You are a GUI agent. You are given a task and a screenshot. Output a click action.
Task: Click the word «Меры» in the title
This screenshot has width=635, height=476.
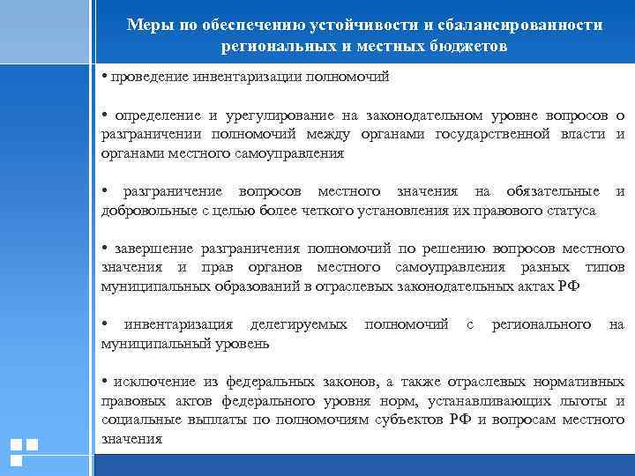146,26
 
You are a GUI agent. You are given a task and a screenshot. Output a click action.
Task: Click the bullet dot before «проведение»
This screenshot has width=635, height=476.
105,77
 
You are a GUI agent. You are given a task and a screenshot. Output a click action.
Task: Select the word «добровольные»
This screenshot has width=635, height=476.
144,211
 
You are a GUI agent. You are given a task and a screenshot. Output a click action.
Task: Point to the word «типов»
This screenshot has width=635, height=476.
605,268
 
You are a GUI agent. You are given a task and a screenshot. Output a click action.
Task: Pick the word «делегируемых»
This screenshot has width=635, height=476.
299,325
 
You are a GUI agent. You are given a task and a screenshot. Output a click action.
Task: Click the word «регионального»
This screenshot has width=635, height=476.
541,325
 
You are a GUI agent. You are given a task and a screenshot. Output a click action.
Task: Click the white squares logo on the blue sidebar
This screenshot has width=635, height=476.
24,451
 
